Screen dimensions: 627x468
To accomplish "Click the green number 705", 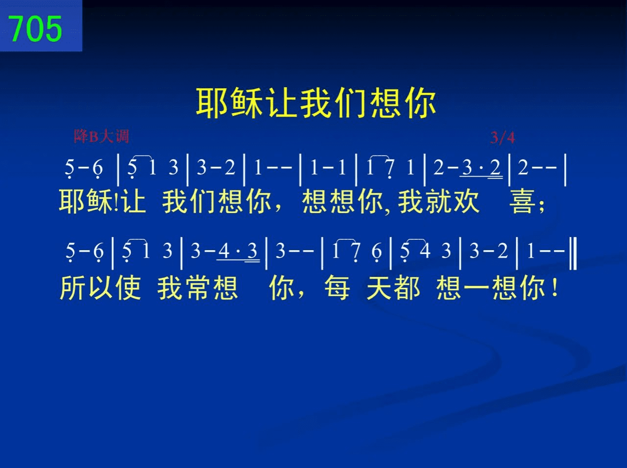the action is (36, 28).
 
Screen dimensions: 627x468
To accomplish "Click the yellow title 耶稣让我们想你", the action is (316, 103).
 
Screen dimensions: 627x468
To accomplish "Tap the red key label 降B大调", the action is (101, 136).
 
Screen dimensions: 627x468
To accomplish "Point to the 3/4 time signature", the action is (503, 138).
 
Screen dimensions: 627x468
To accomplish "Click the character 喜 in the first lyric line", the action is (522, 202).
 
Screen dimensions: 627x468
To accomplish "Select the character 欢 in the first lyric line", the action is (466, 202).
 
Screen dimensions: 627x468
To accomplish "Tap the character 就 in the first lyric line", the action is (439, 202).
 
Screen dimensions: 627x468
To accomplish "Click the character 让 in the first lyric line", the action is (134, 202).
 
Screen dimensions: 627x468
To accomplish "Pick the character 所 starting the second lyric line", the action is (72, 287).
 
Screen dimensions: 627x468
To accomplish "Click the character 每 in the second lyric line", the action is (338, 287).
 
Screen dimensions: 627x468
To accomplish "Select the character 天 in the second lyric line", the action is (379, 287).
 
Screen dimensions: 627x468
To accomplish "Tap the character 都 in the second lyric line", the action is (408, 287).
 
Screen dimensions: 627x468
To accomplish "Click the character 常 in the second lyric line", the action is (198, 287).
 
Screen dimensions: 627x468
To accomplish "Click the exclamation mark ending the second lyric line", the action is (555, 287).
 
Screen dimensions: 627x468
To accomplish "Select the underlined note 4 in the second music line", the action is (224, 251).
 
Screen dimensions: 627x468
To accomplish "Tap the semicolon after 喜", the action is (542, 206).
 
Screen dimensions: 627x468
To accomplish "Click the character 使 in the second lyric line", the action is (128, 287).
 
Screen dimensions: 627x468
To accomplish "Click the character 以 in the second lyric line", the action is (100, 287).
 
